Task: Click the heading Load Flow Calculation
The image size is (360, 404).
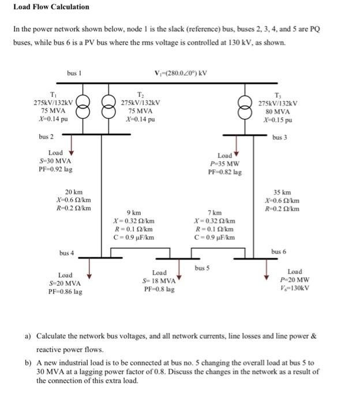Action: click(x=51, y=7)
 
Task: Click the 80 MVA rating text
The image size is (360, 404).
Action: click(x=279, y=111)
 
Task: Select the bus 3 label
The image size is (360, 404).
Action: click(x=279, y=137)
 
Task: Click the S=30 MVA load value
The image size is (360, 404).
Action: click(x=56, y=161)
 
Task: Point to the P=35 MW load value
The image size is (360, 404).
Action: click(x=225, y=163)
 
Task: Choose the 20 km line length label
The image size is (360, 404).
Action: click(x=73, y=191)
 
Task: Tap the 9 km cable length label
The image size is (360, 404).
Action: click(x=134, y=212)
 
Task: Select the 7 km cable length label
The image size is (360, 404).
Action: click(x=215, y=212)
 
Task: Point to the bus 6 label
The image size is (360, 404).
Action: click(x=279, y=252)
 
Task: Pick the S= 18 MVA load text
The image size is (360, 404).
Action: click(x=159, y=280)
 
